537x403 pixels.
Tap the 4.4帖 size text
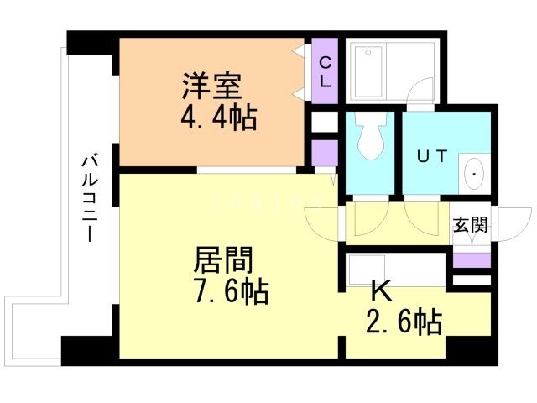click(x=218, y=116)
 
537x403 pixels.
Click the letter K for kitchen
click(x=380, y=292)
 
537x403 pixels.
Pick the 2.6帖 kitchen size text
click(x=403, y=322)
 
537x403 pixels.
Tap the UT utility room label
click(x=431, y=155)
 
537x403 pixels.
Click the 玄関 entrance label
click(x=471, y=225)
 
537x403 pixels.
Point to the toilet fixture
click(x=370, y=138)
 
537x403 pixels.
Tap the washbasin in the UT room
click(x=473, y=173)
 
